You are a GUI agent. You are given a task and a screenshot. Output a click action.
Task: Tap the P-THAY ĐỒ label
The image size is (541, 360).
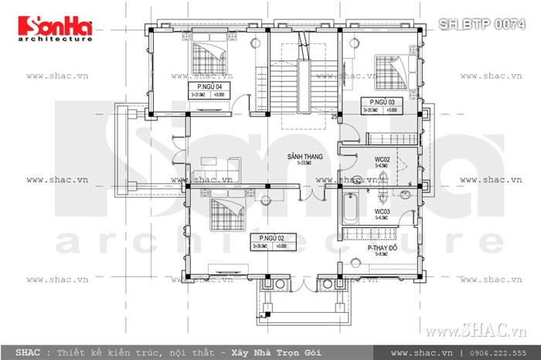(386, 248)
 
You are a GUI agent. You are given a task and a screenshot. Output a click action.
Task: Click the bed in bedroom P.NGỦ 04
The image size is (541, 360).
(209, 56)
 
